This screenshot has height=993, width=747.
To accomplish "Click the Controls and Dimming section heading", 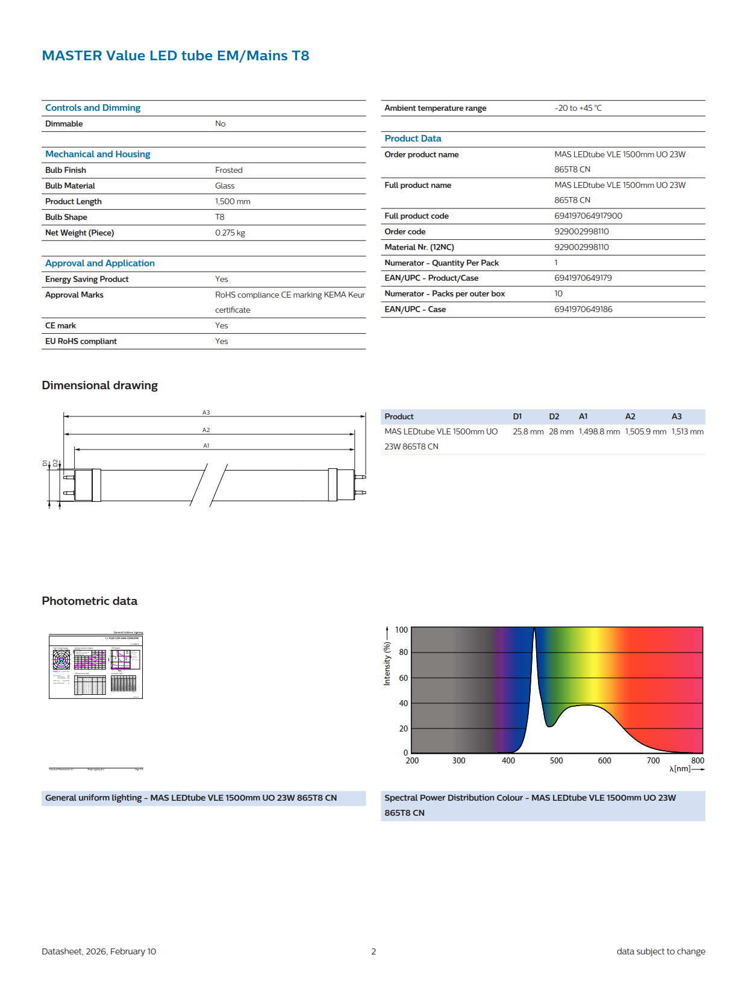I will tap(93, 108).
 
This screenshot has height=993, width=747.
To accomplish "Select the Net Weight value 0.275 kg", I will tap(230, 233).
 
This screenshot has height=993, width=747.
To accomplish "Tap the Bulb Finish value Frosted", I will tap(229, 170).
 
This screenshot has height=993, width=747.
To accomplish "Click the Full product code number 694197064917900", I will tap(588, 216).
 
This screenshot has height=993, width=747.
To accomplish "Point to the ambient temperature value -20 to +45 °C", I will tap(578, 108).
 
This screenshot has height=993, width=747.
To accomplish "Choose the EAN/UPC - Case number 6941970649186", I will tap(583, 309).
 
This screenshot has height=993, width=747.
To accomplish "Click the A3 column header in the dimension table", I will tap(677, 416).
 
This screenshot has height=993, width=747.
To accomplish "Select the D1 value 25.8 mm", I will tap(528, 431).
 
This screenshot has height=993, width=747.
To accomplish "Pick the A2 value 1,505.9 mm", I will tap(645, 431).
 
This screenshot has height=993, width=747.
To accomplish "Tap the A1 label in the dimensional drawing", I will tap(206, 446).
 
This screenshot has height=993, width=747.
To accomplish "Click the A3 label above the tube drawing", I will tap(206, 413).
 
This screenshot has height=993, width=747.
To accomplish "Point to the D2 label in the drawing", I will tap(55, 463).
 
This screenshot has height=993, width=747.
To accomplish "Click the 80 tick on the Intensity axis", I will tap(403, 652).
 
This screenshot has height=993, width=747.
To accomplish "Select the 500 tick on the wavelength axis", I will tap(556, 760).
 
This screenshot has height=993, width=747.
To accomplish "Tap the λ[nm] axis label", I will tap(680, 769).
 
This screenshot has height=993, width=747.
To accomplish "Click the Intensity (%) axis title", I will tap(387, 663).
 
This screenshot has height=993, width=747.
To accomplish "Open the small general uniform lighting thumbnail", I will tap(96, 665).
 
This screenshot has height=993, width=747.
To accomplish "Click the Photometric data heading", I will tap(90, 601).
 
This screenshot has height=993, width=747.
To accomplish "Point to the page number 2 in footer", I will tap(373, 951).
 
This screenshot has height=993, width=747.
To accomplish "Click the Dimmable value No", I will tap(220, 124).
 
